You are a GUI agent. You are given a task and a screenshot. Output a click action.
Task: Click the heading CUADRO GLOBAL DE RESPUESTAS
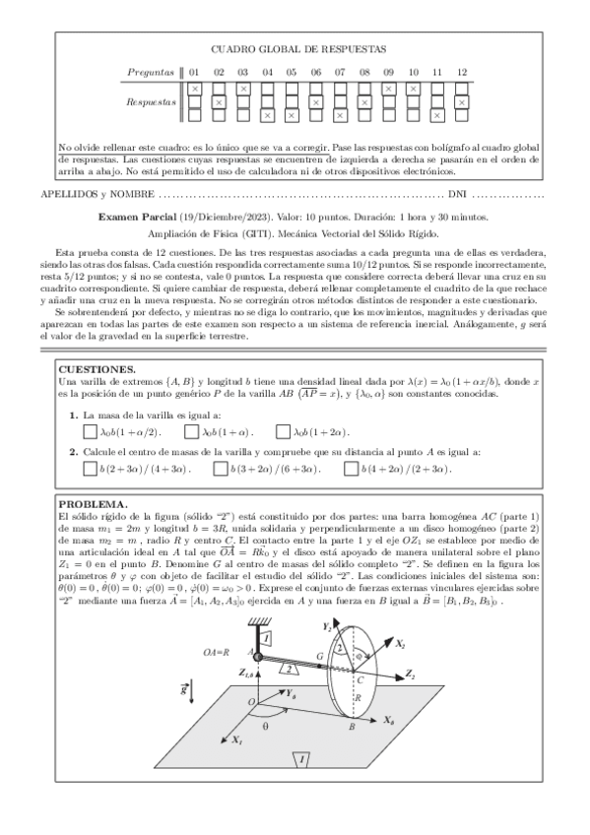click(x=298, y=48)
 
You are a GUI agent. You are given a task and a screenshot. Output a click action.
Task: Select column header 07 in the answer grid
click(x=340, y=72)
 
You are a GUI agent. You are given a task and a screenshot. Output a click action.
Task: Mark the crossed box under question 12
click(x=461, y=101)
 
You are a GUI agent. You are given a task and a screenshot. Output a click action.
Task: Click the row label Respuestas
click(x=152, y=101)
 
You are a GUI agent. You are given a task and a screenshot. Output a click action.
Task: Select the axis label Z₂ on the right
click(x=410, y=675)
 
